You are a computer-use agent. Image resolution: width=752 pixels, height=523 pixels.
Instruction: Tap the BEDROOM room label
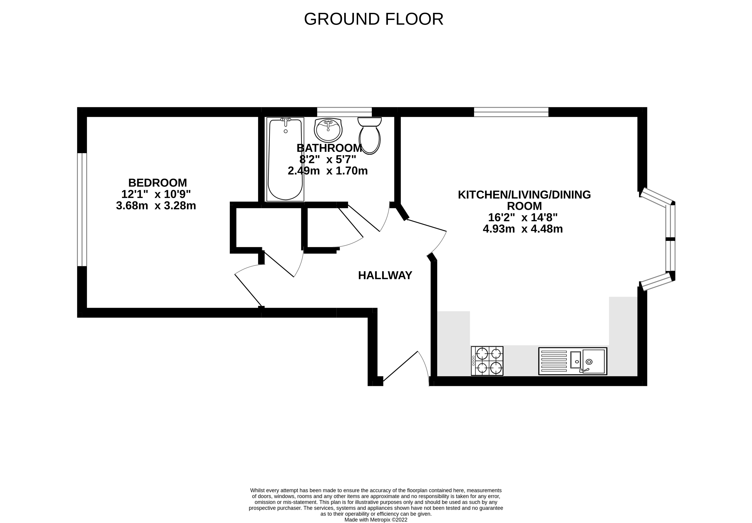click(x=158, y=183)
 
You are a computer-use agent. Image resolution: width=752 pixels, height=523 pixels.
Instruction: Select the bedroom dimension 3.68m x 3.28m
click(x=156, y=206)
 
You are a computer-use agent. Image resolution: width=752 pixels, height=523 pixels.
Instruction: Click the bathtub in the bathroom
click(x=285, y=160)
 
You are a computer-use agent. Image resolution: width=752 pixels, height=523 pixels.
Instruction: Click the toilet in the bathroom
click(x=369, y=136)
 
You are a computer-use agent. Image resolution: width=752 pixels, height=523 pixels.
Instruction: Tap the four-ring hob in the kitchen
click(x=487, y=361)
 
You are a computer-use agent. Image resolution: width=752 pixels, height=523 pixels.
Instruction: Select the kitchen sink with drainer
click(x=573, y=361)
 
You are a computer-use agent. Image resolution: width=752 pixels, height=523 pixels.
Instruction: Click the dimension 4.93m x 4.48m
click(x=523, y=229)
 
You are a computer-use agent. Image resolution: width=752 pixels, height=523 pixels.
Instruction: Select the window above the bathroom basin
click(x=344, y=112)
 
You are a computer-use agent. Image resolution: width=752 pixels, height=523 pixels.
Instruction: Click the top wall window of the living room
click(x=511, y=112)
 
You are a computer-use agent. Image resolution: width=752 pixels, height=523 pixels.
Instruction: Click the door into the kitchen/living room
click(x=426, y=225)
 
